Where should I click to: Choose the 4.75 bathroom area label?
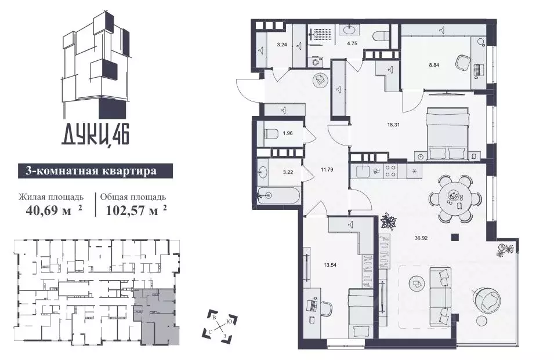coord(352,43)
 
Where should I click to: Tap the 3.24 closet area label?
coord(282,43)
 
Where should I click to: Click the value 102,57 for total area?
coord(132,209)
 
